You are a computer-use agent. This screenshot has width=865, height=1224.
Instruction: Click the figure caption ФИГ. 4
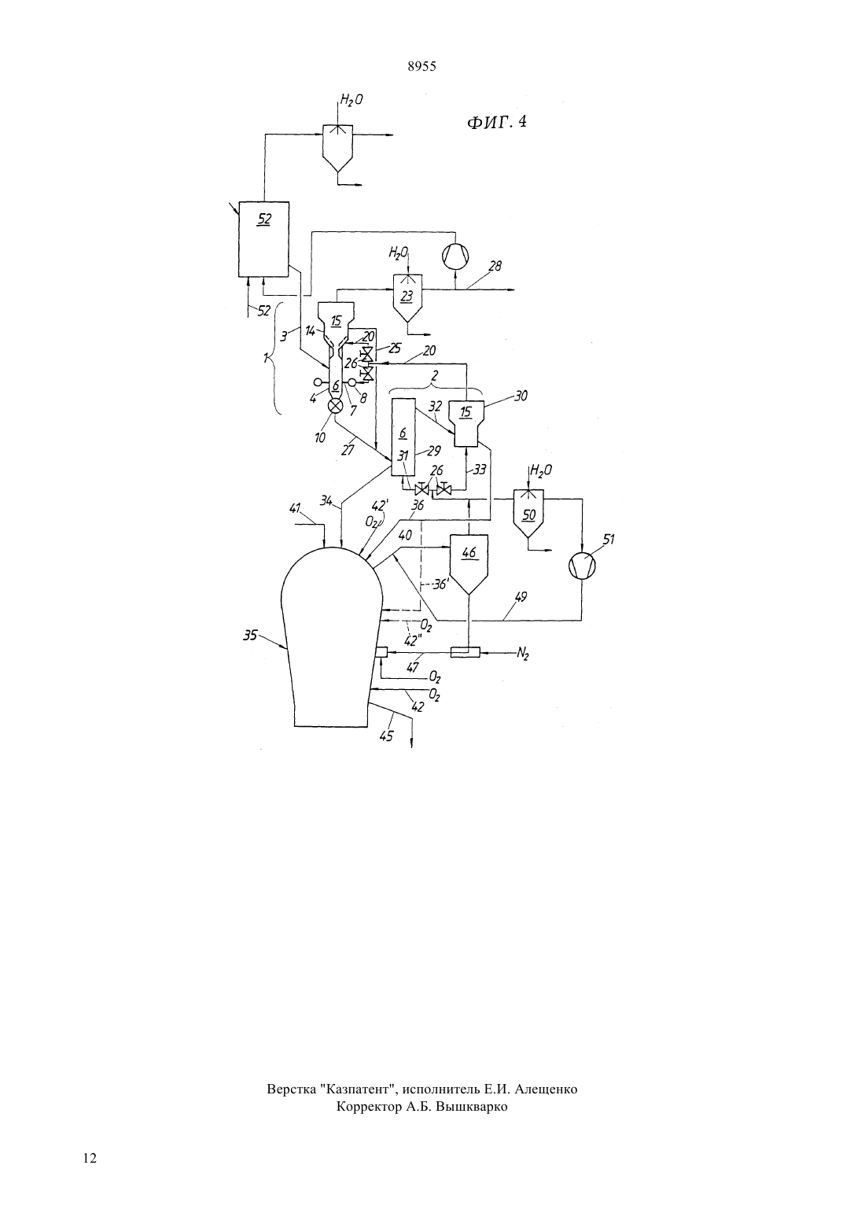pyautogui.click(x=496, y=121)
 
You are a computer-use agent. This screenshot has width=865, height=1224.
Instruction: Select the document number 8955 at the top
pyautogui.click(x=422, y=67)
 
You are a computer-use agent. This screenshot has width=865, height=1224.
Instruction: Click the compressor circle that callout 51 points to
pyautogui.click(x=582, y=566)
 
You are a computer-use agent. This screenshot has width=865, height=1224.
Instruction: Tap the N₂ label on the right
pyautogui.click(x=523, y=653)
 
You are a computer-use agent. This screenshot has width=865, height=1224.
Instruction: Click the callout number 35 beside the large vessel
pyautogui.click(x=250, y=636)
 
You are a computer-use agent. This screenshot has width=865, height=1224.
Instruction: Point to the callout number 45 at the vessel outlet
pyautogui.click(x=386, y=736)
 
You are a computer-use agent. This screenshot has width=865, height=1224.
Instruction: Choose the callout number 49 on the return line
pyautogui.click(x=521, y=597)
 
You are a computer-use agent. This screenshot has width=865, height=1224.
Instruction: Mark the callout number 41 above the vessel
pyautogui.click(x=295, y=508)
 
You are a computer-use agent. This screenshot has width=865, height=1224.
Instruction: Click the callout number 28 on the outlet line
pyautogui.click(x=495, y=266)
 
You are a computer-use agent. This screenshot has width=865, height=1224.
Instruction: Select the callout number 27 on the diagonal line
pyautogui.click(x=348, y=450)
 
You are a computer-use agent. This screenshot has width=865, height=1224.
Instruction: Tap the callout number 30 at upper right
pyautogui.click(x=521, y=396)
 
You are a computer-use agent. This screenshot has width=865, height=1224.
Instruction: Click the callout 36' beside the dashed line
pyautogui.click(x=440, y=584)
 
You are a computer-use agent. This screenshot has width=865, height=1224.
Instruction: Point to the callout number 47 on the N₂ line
pyautogui.click(x=412, y=667)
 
